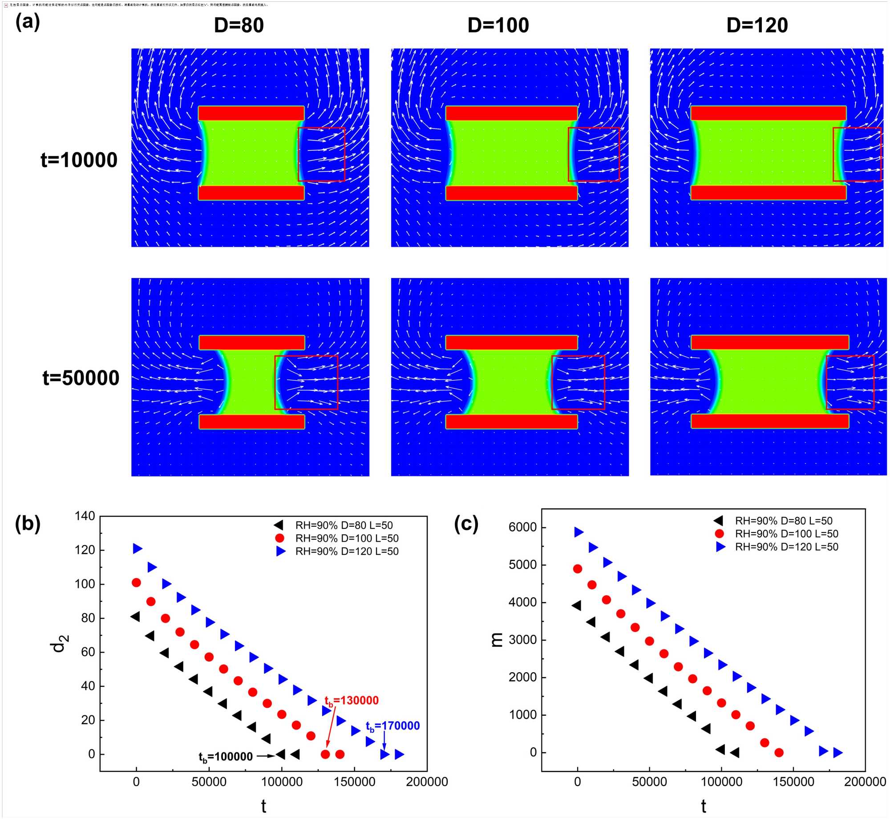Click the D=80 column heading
pos(239,25)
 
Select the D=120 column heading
pos(757,25)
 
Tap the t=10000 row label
pos(79,160)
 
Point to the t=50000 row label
pos(81,378)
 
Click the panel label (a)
pos(28,21)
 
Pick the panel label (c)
pos(466,524)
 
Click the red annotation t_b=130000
pos(352,701)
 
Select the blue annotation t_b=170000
pos(392,726)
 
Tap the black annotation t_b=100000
pos(226,757)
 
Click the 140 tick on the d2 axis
pos(85,516)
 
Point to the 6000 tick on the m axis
pos(522,527)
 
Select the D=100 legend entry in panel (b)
pos(347,538)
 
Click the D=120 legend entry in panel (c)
pos(786,547)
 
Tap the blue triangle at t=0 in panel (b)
pos(138,549)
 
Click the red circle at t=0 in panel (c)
pos(578,569)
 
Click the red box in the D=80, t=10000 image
pos(321,154)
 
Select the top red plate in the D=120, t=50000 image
pos(769,342)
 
